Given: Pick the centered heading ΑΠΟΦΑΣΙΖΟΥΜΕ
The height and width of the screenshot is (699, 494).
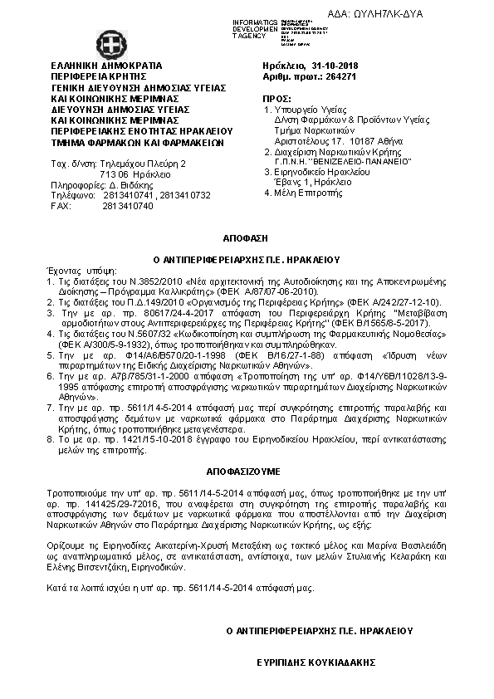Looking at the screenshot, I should coord(246,469).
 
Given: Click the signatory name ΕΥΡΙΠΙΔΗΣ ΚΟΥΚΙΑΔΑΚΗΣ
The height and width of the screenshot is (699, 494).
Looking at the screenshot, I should coord(315,662).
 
